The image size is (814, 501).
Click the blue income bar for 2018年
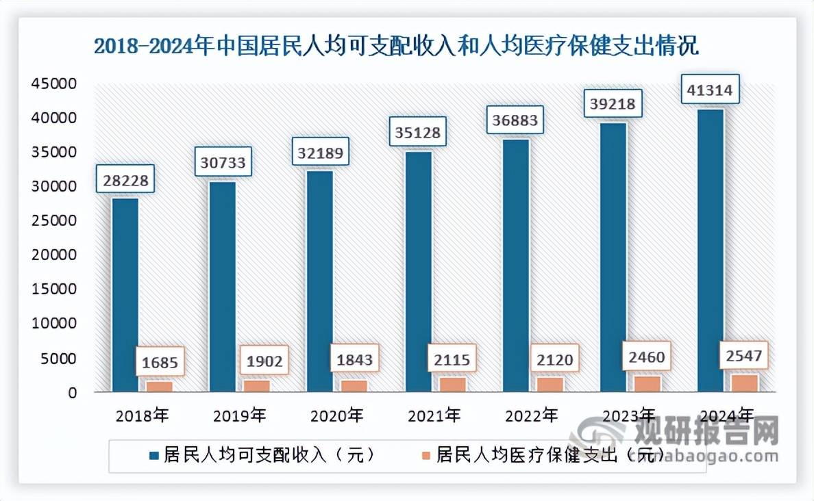coord(125,294)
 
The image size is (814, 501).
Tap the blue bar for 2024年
coord(711,250)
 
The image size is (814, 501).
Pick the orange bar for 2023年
coord(647,384)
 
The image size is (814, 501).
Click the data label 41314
coord(710,90)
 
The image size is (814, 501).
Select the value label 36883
coord(515,121)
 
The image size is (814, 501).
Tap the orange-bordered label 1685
coord(159,362)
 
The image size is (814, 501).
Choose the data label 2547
coord(744,357)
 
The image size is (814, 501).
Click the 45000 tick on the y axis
coord(53,84)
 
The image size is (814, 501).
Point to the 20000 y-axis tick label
coord(53,255)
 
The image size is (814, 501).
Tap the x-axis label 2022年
coord(532,415)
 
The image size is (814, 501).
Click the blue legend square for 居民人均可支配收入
coord(153,455)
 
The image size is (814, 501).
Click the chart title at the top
coord(395,47)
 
